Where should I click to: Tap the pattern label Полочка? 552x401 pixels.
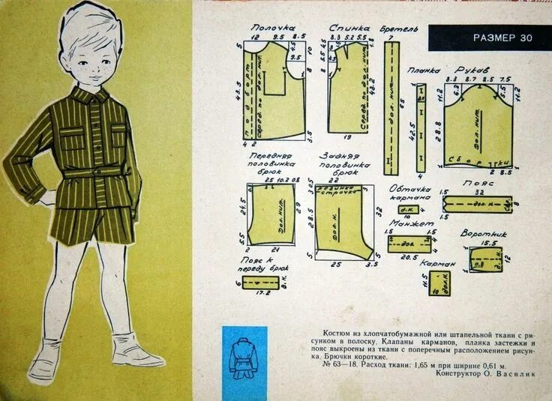[x=271, y=28]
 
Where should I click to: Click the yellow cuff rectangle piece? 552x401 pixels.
[x=409, y=244]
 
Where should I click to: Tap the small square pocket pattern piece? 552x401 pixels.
[x=439, y=284]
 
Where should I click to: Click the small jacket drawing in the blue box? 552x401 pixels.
[x=244, y=357]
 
